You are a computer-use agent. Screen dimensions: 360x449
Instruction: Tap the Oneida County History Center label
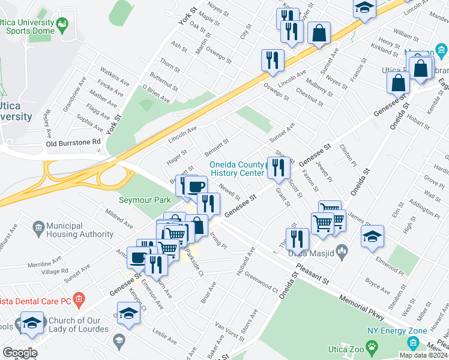point(236,169)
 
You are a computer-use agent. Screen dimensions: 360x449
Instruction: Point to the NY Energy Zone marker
point(412,343)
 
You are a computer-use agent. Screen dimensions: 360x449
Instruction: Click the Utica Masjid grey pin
point(343,253)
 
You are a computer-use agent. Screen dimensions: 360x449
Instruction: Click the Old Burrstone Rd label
point(73,142)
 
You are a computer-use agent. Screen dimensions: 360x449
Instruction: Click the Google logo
point(20,353)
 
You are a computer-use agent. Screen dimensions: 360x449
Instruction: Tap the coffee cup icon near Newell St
point(195,187)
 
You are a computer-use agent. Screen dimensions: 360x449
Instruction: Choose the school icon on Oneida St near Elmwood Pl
point(372,235)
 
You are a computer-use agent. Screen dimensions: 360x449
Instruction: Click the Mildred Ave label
point(119,218)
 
